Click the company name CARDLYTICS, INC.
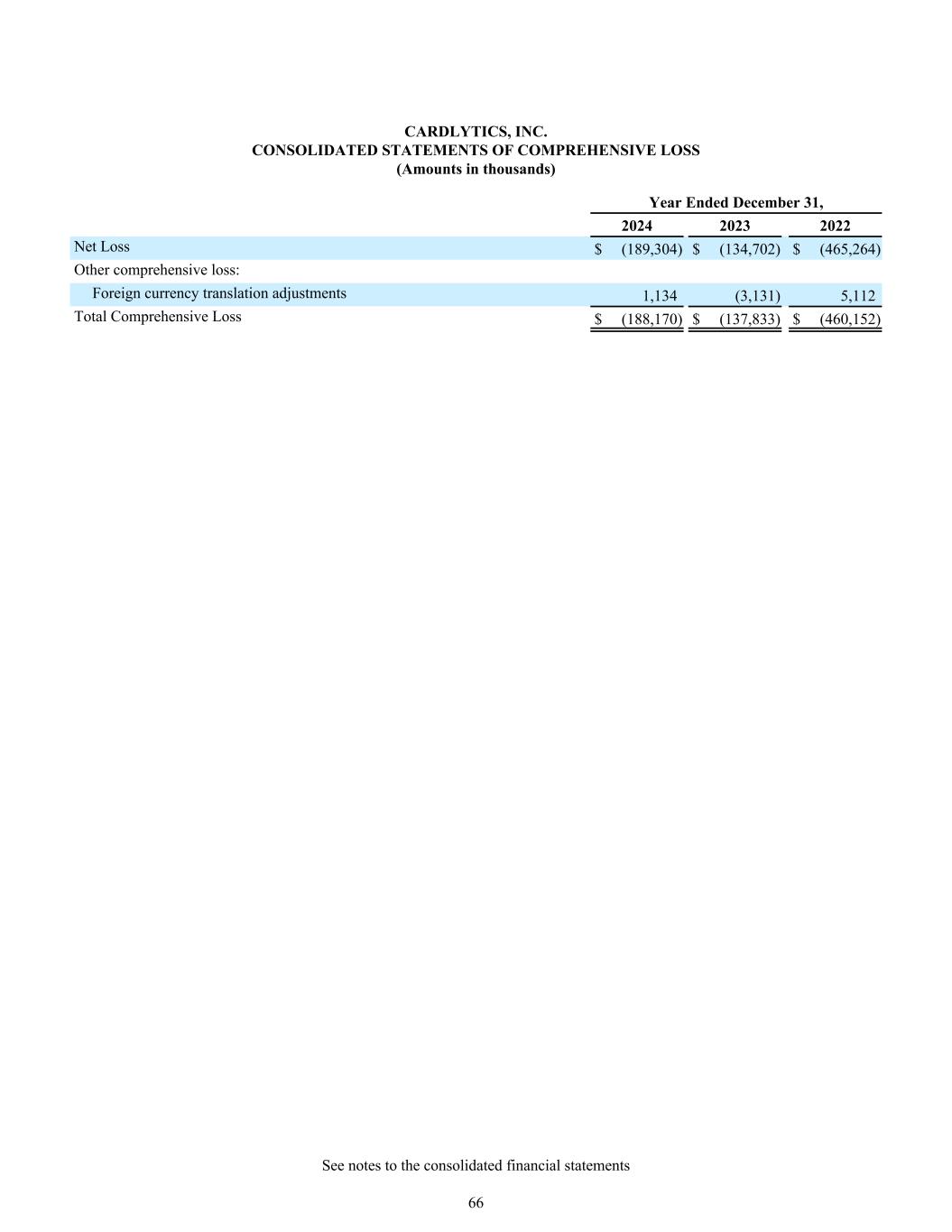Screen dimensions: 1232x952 [x=476, y=133]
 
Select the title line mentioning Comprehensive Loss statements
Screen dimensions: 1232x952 [x=476, y=151]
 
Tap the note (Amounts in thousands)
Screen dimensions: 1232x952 [x=476, y=169]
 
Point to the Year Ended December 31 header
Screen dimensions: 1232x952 [x=735, y=203]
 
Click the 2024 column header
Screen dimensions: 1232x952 [x=636, y=227]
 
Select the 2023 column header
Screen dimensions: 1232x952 [x=735, y=227]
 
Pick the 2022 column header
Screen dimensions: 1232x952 [x=835, y=227]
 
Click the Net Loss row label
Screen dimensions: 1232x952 [x=102, y=246]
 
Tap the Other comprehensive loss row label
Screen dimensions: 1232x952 [x=156, y=270]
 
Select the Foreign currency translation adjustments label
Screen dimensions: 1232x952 [x=219, y=293]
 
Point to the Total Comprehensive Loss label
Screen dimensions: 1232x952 [x=158, y=317]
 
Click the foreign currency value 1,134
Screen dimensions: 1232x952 [x=660, y=295]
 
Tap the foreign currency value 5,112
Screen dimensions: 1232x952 [x=857, y=295]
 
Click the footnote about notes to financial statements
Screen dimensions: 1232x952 [x=476, y=1165]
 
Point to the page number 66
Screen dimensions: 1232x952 [x=476, y=1202]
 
